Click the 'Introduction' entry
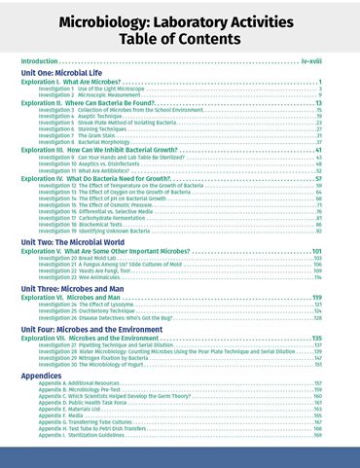pyautogui.click(x=43, y=60)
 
